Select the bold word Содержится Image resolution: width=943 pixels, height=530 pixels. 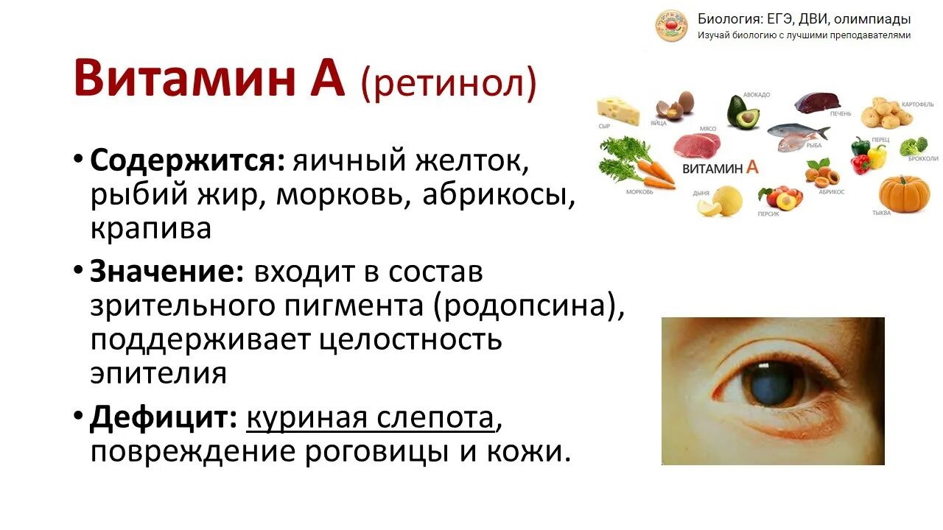[x=187, y=160]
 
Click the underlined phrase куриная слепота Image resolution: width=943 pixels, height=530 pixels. [x=370, y=418]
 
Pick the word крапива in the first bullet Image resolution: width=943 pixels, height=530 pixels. [x=151, y=228]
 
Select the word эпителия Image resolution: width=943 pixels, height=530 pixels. [x=158, y=373]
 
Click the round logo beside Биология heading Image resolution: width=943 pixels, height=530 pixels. [x=671, y=26]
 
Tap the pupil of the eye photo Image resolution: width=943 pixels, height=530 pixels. [x=774, y=383]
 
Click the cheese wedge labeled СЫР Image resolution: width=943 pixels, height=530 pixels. [x=617, y=110]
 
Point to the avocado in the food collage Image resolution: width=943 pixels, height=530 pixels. [x=743, y=112]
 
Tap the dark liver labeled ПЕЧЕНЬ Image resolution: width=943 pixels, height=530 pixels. [x=817, y=102]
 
